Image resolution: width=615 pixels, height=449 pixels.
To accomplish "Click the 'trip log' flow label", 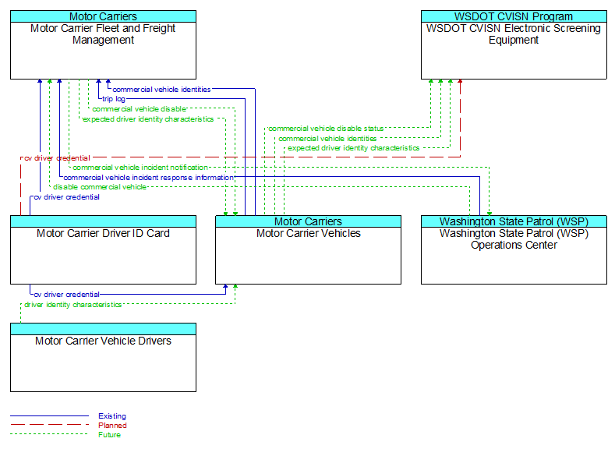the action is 114,99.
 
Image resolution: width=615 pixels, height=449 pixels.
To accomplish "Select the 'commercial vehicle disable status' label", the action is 326,129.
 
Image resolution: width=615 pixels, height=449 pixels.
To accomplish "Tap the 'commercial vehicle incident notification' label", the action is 140,168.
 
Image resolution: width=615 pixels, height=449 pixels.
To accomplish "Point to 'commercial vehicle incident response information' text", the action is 149,178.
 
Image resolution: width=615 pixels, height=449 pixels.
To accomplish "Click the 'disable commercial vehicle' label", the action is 100,187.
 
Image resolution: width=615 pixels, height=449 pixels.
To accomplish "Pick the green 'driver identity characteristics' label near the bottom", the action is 73,305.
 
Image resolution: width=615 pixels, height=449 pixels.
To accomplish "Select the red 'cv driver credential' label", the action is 57,158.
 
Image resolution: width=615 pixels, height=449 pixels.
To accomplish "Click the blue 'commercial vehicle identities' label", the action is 161,90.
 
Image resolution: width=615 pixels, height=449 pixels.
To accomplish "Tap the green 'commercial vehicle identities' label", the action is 327,139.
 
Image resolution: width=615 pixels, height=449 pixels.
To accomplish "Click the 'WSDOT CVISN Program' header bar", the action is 514,16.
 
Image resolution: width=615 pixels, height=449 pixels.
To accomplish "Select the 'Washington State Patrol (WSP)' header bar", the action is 514,221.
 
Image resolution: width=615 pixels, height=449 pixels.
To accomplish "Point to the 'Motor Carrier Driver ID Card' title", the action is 103,233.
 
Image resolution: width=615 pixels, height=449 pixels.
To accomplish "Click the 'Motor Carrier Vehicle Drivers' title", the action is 103,341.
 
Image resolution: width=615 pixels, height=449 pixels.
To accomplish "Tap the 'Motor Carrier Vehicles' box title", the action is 309,233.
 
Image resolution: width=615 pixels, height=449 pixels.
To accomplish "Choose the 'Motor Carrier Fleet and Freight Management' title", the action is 103,34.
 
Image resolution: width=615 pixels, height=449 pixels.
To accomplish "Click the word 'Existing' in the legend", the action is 112,416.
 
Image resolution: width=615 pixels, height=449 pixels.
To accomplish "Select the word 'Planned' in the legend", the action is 112,426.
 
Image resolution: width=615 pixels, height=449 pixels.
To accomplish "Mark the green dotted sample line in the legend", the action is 49,434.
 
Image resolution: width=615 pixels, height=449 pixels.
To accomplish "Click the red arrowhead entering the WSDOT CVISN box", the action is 460,81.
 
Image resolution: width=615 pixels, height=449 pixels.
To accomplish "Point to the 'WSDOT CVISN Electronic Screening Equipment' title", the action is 514,34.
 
